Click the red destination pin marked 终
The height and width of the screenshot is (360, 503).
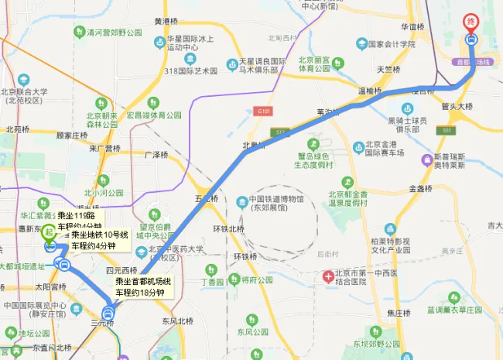point(470,22)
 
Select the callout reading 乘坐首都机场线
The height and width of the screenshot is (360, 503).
point(141,287)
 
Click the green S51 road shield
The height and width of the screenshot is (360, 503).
point(447,131)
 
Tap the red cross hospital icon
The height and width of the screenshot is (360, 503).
point(328,276)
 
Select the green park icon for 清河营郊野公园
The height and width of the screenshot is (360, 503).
point(79,33)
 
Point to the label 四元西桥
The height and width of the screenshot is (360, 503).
point(120,271)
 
